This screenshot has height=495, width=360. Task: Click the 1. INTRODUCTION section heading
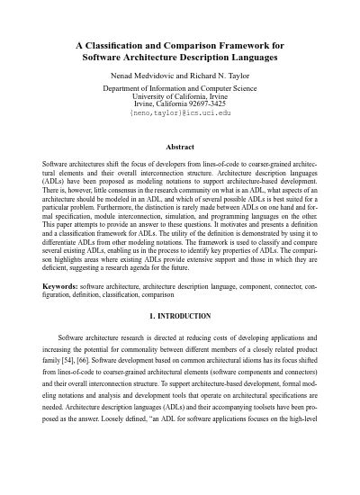point(180,316)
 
